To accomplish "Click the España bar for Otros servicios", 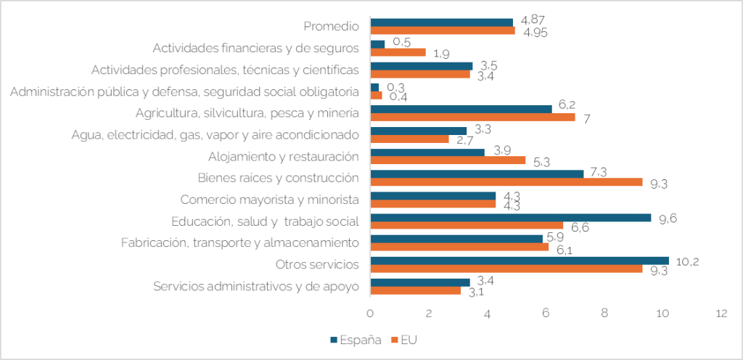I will coord(520,260).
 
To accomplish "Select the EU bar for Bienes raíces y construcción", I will coord(506,181).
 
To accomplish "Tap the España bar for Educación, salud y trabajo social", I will coord(511,217).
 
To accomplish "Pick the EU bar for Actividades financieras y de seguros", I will coord(398,52).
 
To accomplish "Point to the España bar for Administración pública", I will coord(374,87).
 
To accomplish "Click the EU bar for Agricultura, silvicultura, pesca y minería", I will coord(472,117).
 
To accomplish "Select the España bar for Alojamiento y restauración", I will coord(427,152).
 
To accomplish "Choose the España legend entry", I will coord(356,339).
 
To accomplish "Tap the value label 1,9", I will coord(440,53).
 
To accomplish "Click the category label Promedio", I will coord(331,27).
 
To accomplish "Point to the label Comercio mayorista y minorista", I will coord(269,199).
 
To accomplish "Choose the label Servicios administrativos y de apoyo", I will coord(256,285).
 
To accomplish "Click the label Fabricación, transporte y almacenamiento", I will coord(240,242).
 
